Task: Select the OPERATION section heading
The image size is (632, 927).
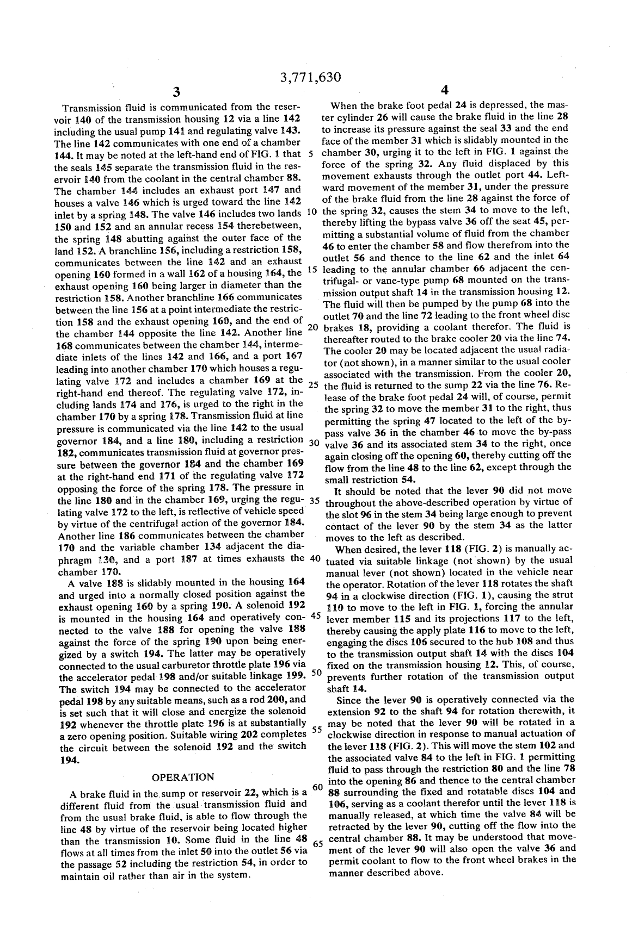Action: point(183,777)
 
